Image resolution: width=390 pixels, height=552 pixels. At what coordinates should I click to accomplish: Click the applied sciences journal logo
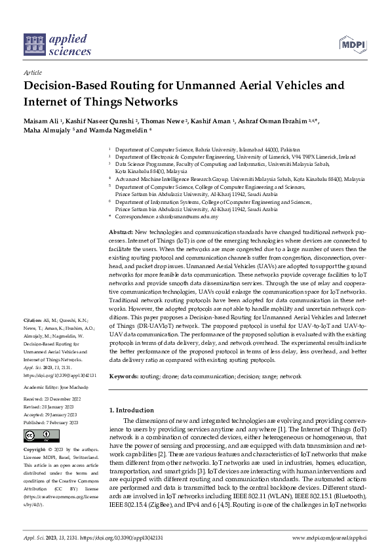coord(49,44)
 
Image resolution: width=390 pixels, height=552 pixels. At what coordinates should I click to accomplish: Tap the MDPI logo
coord(352,44)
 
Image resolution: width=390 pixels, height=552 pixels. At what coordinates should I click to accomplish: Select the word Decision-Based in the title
coord(61,86)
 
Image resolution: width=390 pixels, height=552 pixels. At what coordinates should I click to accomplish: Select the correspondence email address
coord(184,216)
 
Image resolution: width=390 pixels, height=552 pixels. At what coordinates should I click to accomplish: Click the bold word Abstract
coord(120,233)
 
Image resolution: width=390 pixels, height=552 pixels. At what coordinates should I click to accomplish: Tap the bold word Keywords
coord(123,377)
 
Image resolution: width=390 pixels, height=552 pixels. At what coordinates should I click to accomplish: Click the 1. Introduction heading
coord(131,410)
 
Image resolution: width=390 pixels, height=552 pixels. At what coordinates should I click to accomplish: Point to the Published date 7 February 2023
coord(50,424)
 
